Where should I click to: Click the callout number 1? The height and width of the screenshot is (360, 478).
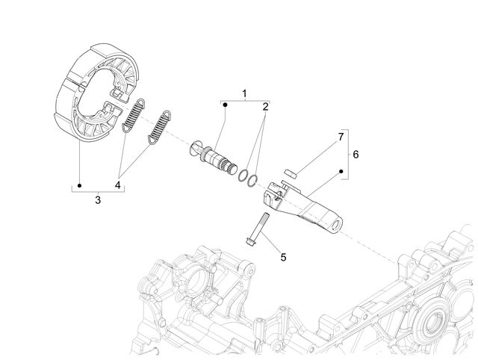tap(244, 94)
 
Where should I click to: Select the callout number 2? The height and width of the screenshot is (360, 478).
tap(266, 107)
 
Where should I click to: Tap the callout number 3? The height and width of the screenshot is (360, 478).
tap(98, 200)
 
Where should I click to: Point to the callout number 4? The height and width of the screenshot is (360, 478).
tap(118, 184)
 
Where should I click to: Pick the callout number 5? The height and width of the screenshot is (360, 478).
tap(284, 257)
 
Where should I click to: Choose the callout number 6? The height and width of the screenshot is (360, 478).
tap(356, 155)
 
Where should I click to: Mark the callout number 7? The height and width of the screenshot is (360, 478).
tap(341, 137)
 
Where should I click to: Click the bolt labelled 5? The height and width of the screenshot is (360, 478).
tap(257, 229)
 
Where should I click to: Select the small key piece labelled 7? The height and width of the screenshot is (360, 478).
tap(291, 173)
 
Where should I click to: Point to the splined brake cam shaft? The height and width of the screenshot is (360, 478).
tap(214, 158)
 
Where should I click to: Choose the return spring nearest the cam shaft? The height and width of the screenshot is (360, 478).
tap(159, 127)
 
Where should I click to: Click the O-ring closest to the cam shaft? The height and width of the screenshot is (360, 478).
tap(243, 176)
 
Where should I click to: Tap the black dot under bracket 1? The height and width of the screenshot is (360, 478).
tap(226, 105)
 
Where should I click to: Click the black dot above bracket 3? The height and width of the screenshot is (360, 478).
tap(80, 185)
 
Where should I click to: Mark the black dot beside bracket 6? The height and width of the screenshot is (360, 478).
tap(341, 171)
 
